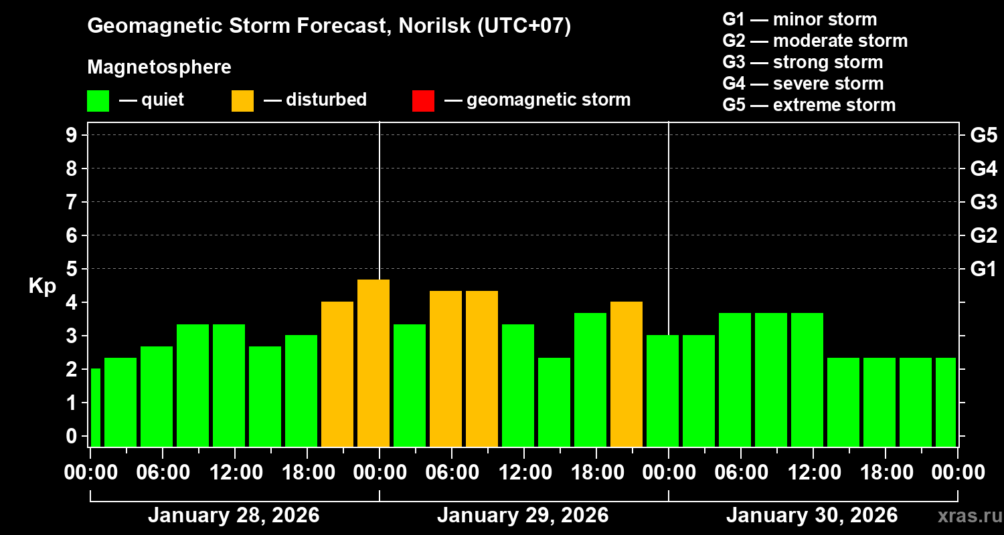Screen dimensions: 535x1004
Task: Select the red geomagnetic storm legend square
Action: (423, 100)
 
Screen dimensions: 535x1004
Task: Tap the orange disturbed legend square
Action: (242, 100)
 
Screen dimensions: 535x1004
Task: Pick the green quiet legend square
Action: (98, 100)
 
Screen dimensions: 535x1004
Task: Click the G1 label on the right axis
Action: (983, 270)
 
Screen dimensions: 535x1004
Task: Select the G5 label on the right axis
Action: (983, 136)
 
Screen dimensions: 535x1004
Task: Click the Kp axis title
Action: (42, 286)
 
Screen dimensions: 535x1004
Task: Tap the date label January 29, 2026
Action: (523, 516)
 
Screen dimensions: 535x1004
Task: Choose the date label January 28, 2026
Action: (234, 516)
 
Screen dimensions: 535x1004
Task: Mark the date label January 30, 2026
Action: (812, 516)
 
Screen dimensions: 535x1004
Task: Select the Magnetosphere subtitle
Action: (159, 68)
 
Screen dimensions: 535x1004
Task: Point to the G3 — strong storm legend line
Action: (803, 62)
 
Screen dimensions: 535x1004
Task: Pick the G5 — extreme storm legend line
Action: (809, 105)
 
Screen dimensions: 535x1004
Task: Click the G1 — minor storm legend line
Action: (799, 19)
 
